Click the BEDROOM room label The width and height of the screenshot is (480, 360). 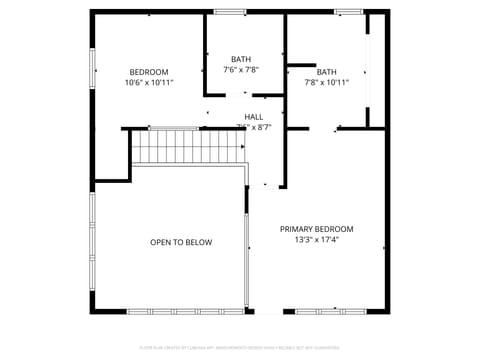point(149,72)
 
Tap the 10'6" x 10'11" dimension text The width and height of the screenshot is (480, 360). point(149,83)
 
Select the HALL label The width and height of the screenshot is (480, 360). point(253,117)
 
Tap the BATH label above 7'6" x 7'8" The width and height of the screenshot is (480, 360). point(241,59)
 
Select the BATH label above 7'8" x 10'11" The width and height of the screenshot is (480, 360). point(327,72)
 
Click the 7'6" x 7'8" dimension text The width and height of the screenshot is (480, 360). point(241,70)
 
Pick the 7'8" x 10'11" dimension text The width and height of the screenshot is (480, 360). point(327,83)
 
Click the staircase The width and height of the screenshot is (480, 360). point(189,146)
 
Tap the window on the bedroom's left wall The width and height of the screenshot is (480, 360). point(93,72)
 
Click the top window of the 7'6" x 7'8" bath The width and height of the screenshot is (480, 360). point(230,12)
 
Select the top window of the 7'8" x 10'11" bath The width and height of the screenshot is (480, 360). point(348,12)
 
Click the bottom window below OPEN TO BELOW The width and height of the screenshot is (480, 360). point(185,311)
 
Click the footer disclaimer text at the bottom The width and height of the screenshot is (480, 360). point(240,349)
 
